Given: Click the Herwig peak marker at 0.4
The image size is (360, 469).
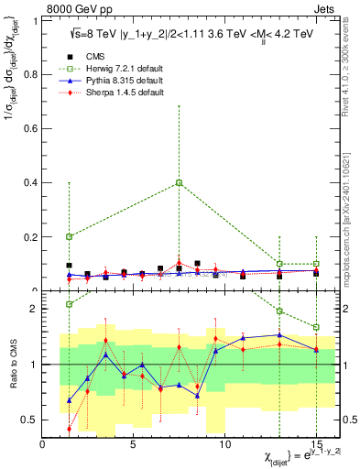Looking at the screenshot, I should (x=180, y=182).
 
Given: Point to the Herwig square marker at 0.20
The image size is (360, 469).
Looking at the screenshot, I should (x=70, y=236).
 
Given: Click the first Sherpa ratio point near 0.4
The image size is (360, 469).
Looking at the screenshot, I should (x=70, y=429).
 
